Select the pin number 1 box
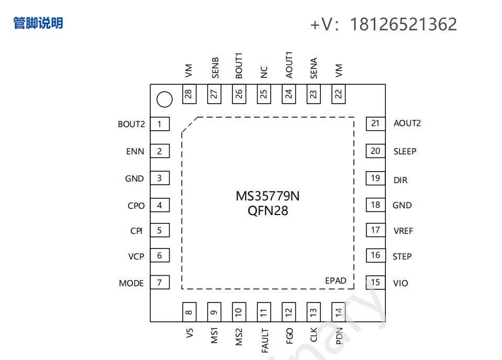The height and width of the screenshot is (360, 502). pos(160,124)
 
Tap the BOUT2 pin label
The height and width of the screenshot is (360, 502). pos(131,124)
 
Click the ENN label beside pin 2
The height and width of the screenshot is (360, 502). pos(135,152)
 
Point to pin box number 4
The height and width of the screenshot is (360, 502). pos(160,205)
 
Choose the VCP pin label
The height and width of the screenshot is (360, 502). pos(136,256)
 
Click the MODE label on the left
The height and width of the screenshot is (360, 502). pos(131,283)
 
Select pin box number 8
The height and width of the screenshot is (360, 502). pos(188,312)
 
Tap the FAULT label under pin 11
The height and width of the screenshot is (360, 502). pos(265,340)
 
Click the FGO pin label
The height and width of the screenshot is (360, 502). pos(289,335)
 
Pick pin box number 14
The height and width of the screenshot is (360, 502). pos(339,312)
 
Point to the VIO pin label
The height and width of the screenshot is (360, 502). pos(400,283)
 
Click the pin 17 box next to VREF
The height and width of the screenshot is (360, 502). pos(375,230)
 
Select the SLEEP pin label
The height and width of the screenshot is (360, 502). pos(405,151)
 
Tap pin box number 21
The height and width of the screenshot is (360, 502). pos(375,123)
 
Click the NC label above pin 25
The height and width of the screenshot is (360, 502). pos(264,72)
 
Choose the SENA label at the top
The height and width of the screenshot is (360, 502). pos(314,69)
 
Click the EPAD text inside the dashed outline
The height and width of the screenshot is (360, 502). pos(336,280)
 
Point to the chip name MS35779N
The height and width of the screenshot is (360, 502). pos(267,196)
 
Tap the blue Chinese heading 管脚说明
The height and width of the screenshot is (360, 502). pos(38,23)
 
